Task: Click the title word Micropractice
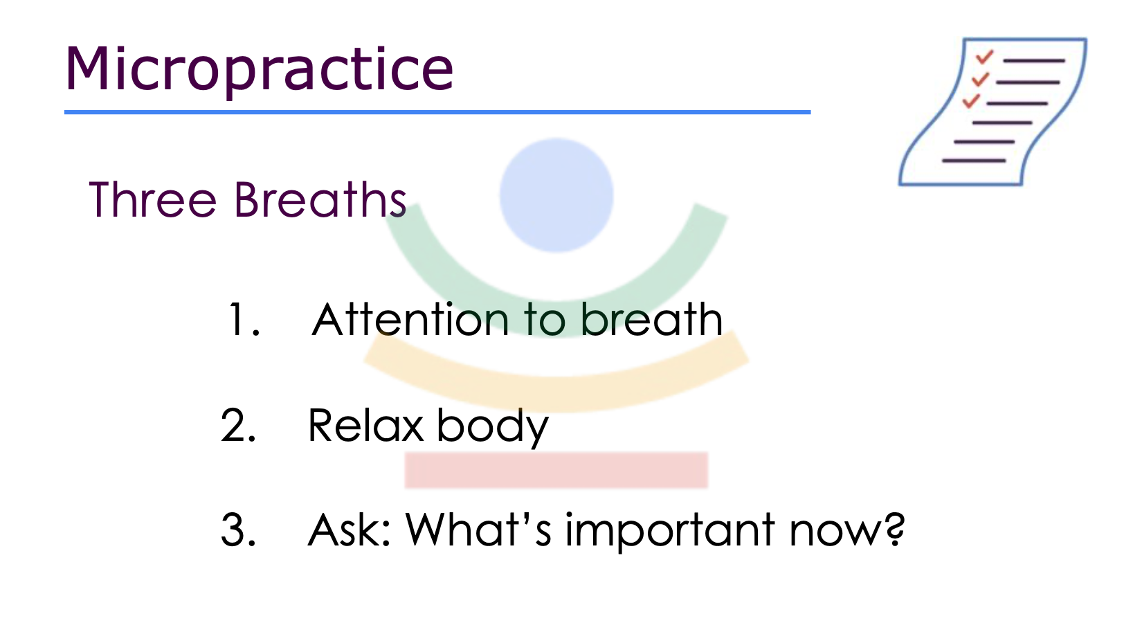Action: pos(259,70)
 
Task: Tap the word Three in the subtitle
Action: pos(153,199)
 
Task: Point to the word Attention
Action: pos(410,319)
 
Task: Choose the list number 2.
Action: pos(238,425)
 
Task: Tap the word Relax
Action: pos(365,425)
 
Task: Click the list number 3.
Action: pos(238,530)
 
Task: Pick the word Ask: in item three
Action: pos(350,530)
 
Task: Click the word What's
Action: pos(478,530)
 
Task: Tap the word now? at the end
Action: pos(847,530)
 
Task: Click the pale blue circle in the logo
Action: pos(556,195)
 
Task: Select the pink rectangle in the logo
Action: pos(556,469)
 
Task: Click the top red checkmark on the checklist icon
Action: pos(984,57)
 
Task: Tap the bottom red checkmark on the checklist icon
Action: pos(971,101)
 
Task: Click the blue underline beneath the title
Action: pos(437,112)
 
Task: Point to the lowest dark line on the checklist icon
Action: pos(974,161)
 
